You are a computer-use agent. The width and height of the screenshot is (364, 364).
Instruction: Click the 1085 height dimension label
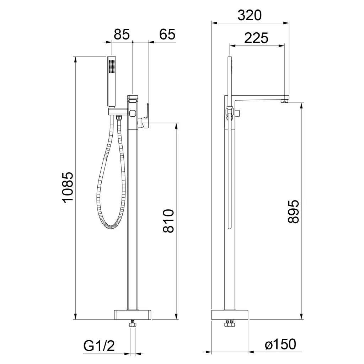tap(68, 187)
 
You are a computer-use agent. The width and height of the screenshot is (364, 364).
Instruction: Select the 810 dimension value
tap(168, 221)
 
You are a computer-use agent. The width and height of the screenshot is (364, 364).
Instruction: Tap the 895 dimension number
tap(293, 212)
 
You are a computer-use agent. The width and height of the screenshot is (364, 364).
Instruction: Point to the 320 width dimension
tap(250, 15)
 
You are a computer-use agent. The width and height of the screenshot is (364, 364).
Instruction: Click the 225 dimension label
tap(256, 38)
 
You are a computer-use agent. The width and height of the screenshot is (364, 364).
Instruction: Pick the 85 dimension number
tap(122, 34)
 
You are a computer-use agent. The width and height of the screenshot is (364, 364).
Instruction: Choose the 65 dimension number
tap(167, 34)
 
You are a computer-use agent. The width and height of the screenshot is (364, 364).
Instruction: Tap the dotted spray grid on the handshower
tap(112, 66)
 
